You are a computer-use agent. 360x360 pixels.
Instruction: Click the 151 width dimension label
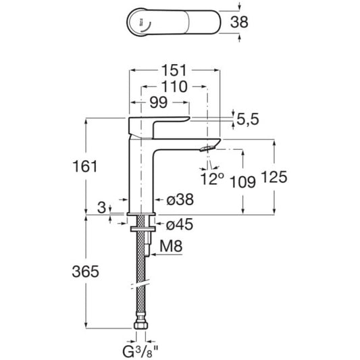pos(174,70)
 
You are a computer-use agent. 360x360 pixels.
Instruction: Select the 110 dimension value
pos(174,86)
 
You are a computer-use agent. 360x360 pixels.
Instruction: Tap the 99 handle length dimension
pos(159,103)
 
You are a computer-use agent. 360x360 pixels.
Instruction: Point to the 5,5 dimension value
pos(247,119)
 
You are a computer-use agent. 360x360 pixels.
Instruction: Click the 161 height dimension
pos(85,166)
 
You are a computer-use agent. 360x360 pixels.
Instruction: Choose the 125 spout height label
pos(274,177)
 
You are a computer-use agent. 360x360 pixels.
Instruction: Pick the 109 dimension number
pos(242,182)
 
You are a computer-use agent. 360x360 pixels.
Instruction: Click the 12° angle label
pos(211,179)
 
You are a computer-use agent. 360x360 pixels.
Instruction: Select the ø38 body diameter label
pos(180,199)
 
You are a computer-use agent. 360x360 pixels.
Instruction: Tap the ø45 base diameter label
pos(180,224)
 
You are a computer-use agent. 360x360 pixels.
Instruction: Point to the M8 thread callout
pos(171,246)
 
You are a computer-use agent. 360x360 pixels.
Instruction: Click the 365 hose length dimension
pos(85,272)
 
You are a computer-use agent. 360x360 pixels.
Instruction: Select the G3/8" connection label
pos(140,351)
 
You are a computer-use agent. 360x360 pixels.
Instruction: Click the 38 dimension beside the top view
pos(239,22)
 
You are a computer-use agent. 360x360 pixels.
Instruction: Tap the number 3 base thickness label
pos(101,207)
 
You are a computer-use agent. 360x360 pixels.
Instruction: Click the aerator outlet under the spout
pos(207,149)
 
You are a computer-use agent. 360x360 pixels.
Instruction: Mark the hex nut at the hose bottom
pos(140,326)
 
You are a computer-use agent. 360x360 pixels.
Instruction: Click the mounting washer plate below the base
pos(143,229)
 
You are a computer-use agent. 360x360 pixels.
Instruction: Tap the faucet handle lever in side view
pos(159,126)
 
